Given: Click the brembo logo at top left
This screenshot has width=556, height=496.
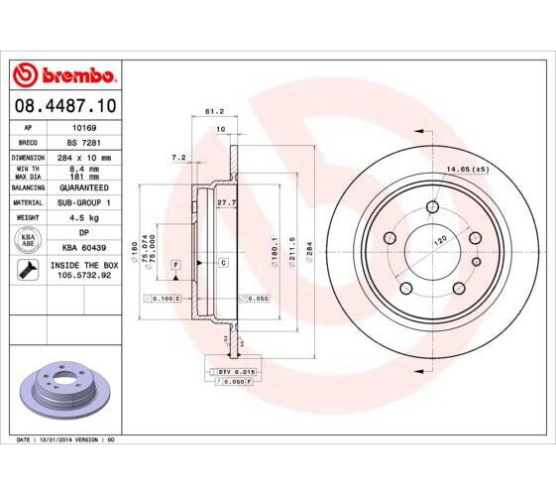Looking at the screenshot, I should [x=63, y=75].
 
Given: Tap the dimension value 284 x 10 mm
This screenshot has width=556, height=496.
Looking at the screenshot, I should [x=83, y=158].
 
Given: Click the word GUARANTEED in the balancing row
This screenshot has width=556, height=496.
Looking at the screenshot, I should [x=83, y=186].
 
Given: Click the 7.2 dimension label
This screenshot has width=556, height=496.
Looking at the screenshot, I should [x=178, y=158].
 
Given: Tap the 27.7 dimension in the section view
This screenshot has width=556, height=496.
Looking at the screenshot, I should [x=224, y=202].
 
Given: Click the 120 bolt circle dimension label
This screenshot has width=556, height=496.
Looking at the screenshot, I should [x=438, y=241].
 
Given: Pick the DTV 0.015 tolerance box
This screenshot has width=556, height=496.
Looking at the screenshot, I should [x=230, y=370].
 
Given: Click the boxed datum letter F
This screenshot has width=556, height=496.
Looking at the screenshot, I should [x=175, y=265].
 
